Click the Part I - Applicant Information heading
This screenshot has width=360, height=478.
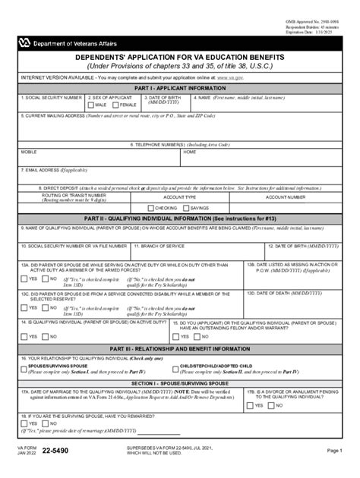pos(180,88)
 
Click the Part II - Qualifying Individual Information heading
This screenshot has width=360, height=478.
pos(180,218)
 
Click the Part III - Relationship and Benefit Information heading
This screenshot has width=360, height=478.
pos(180,347)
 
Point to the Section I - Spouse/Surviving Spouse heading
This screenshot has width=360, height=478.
pos(180,384)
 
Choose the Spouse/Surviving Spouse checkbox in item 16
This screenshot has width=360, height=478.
pos(24,366)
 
